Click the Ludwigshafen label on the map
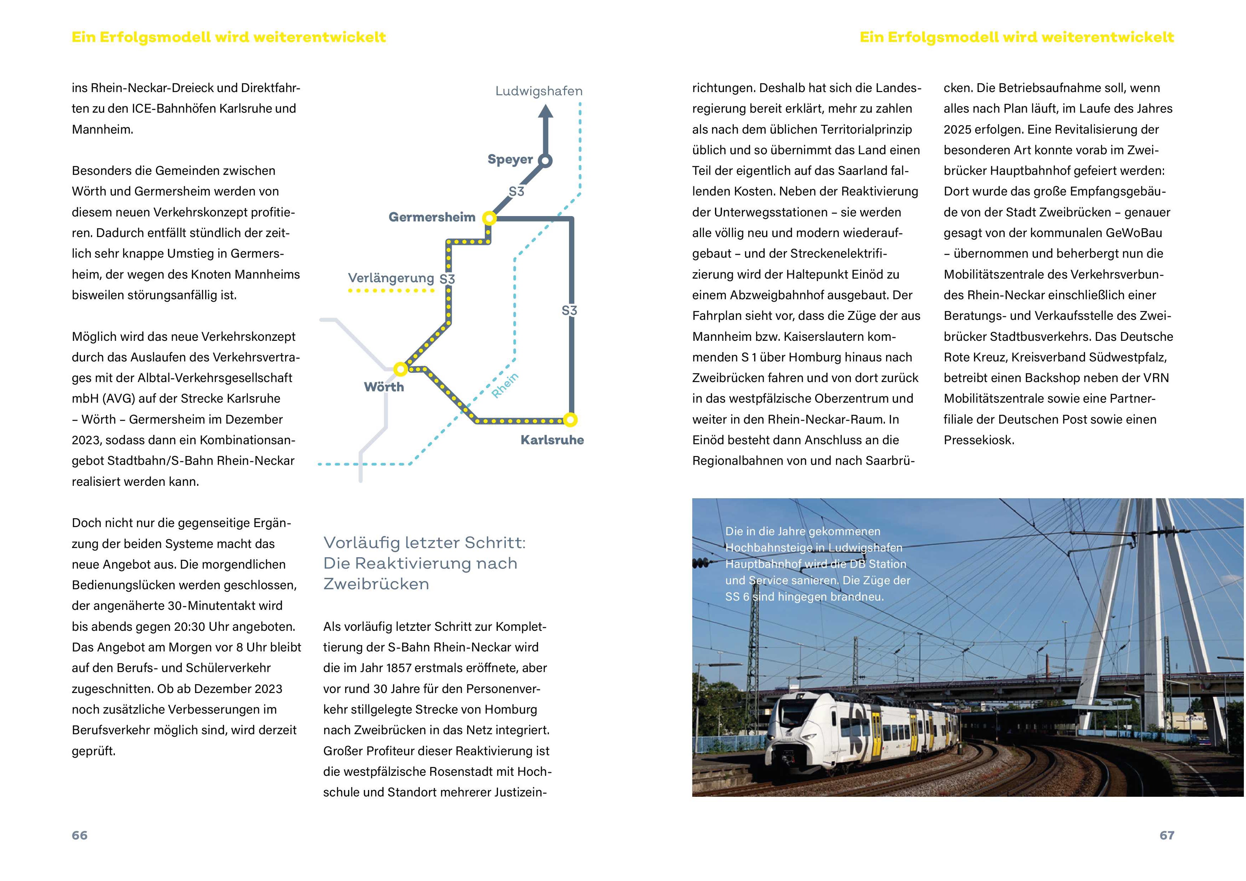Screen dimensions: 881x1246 click(538, 91)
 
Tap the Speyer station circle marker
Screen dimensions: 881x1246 click(546, 161)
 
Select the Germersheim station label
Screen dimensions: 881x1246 click(432, 217)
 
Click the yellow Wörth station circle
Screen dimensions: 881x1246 click(401, 369)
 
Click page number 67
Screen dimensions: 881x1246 click(1167, 836)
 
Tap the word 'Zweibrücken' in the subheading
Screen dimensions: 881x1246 click(376, 584)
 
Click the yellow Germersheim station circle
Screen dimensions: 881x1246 click(489, 218)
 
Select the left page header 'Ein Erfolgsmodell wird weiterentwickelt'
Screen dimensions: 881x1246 click(228, 37)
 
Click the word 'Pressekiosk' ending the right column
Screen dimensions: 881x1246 click(979, 440)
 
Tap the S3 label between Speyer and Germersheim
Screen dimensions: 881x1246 click(517, 192)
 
